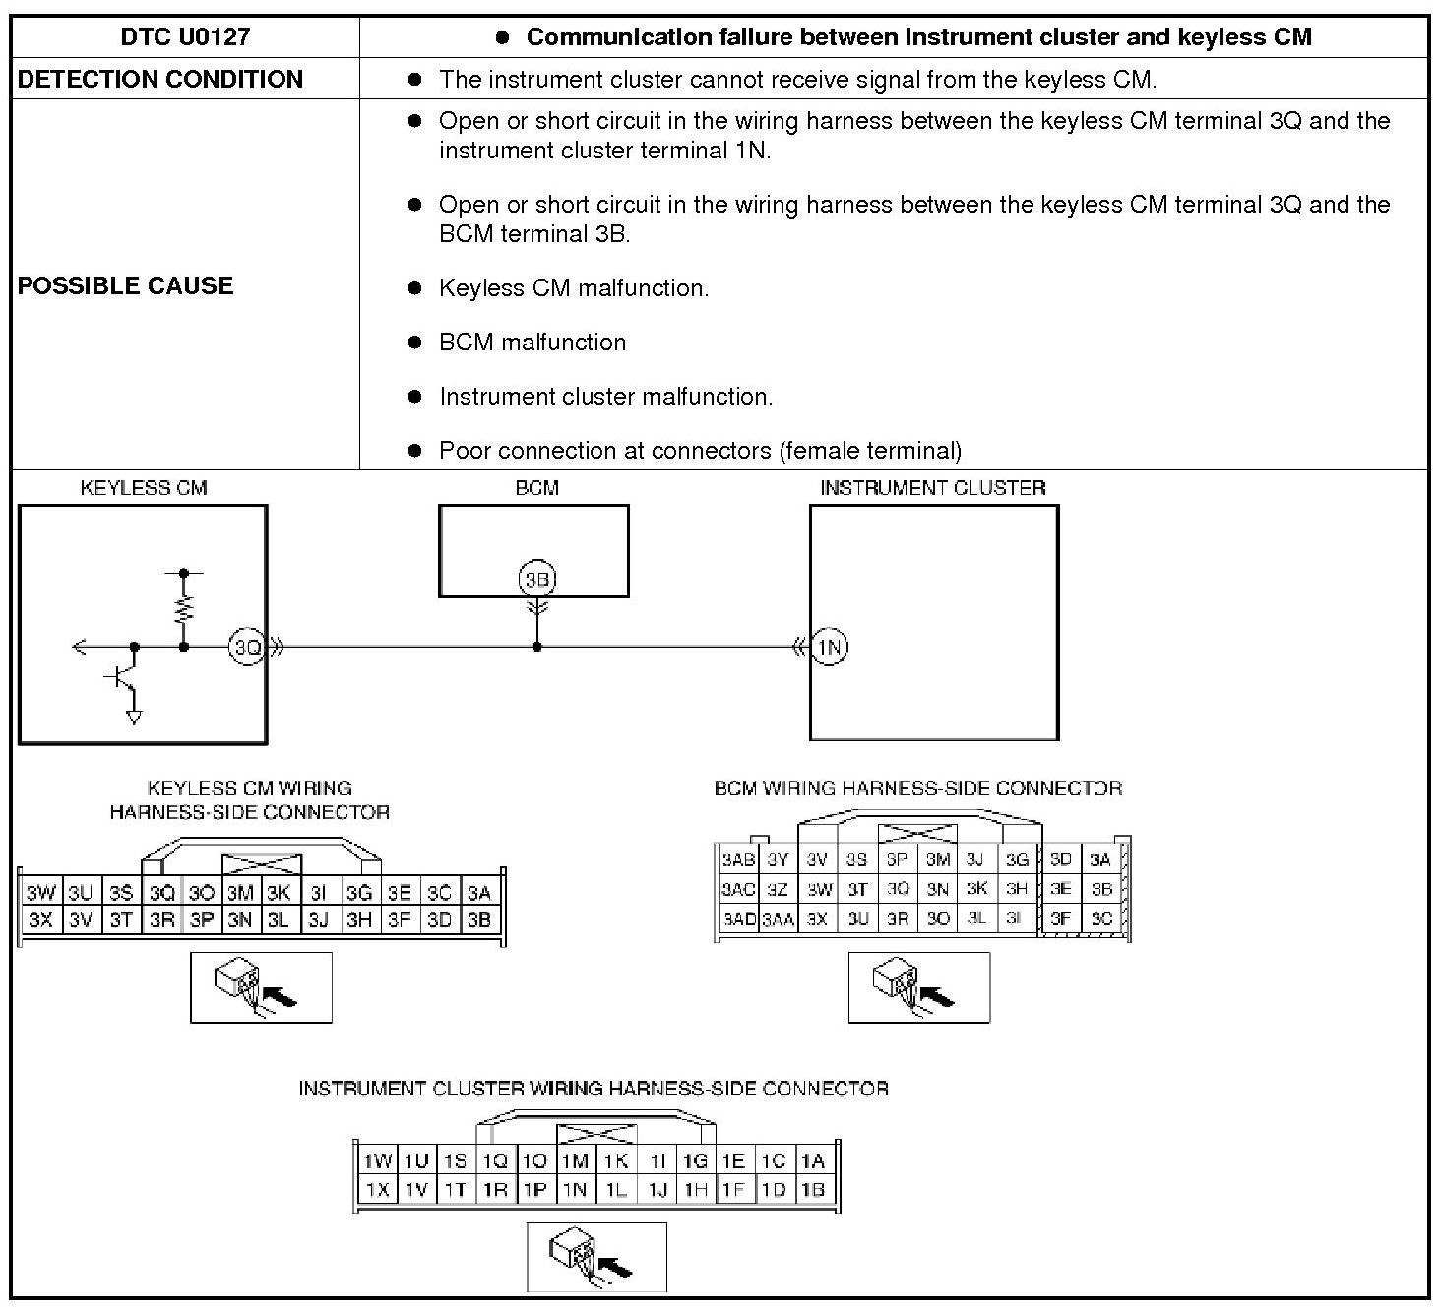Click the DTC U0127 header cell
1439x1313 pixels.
click(x=185, y=37)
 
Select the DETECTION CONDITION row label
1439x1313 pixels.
click(x=160, y=79)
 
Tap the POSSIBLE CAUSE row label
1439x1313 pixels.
click(x=126, y=285)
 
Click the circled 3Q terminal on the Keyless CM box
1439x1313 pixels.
click(x=247, y=647)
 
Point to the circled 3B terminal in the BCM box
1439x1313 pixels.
click(x=536, y=579)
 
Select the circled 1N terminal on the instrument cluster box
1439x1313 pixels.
click(x=830, y=647)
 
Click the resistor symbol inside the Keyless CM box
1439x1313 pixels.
click(x=184, y=609)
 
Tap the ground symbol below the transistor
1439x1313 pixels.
click(x=134, y=717)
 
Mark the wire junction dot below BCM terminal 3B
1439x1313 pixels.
click(x=536, y=647)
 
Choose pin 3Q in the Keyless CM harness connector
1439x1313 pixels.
click(x=161, y=893)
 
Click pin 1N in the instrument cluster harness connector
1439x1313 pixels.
click(x=575, y=1189)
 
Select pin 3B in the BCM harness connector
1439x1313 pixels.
click(x=1100, y=888)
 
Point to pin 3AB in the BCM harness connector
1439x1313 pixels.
click(x=738, y=859)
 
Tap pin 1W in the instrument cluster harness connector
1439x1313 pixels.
click(x=377, y=1161)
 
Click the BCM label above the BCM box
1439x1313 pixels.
click(x=536, y=488)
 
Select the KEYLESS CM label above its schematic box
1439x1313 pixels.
click(x=144, y=488)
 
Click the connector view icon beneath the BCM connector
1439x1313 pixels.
click(x=918, y=987)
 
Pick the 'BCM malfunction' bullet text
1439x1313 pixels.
click(x=532, y=343)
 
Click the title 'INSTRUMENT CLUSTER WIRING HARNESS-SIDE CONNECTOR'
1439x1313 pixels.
click(x=594, y=1089)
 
